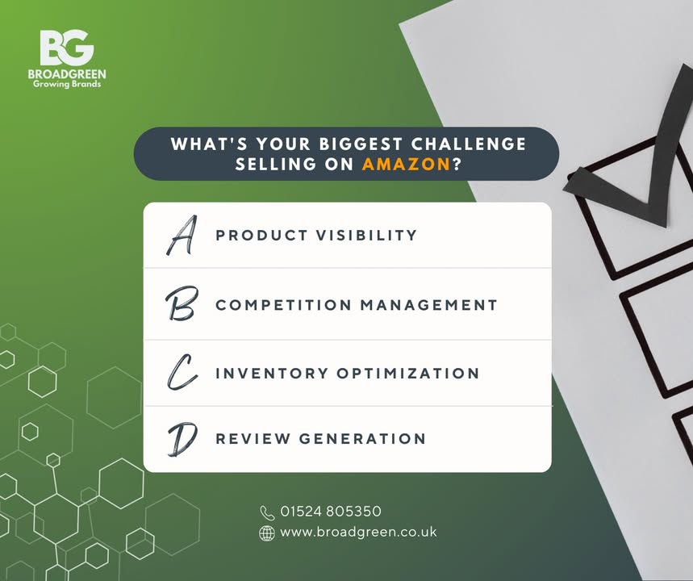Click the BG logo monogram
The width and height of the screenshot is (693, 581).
coord(66,48)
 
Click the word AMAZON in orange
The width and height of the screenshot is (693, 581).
coord(406,164)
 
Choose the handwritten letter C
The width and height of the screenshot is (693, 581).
coord(182,373)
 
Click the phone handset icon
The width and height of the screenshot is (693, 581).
coord(268,512)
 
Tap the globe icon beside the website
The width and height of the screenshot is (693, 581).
coord(267,533)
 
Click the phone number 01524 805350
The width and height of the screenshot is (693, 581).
coord(331,512)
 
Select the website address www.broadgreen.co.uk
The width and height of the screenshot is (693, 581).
coord(358,533)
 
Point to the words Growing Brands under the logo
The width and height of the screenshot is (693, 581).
coord(66,84)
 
